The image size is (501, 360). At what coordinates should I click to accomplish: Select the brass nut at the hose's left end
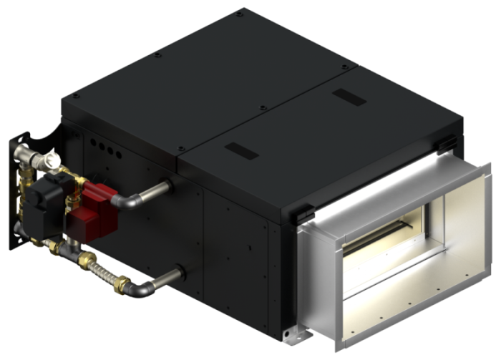coord(87,258)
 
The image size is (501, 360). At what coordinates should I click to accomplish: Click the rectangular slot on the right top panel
coord(349,97)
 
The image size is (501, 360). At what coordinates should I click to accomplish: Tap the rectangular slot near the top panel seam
coord(239,150)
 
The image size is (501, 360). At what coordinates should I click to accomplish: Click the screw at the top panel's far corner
coord(240,14)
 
